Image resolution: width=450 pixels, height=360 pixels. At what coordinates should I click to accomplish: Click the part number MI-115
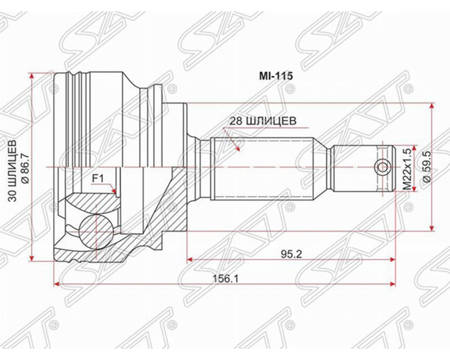(x=276, y=76)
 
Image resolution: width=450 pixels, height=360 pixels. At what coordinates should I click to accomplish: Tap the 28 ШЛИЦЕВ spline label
(x=263, y=121)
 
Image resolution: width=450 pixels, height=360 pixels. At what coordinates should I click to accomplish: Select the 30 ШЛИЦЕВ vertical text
(x=12, y=171)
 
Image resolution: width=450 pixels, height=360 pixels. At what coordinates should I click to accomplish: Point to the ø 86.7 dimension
(x=25, y=168)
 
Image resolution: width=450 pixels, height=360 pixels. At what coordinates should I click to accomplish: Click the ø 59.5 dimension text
(x=426, y=167)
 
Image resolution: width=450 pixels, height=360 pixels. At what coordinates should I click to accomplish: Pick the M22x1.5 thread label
(x=407, y=169)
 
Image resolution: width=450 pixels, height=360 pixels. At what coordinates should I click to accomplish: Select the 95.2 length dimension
(x=291, y=255)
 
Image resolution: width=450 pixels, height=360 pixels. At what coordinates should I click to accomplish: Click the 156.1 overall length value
(x=225, y=279)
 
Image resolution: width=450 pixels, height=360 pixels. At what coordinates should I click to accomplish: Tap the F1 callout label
(x=98, y=179)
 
